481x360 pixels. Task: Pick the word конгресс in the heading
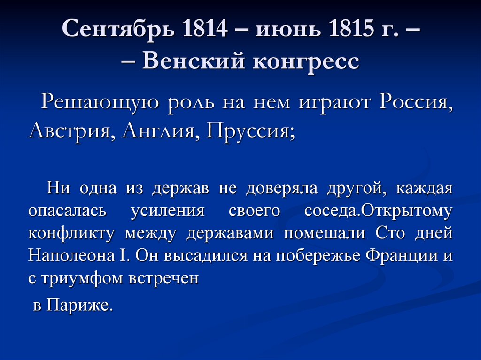(x=307, y=61)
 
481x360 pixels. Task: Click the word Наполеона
(x=77, y=256)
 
